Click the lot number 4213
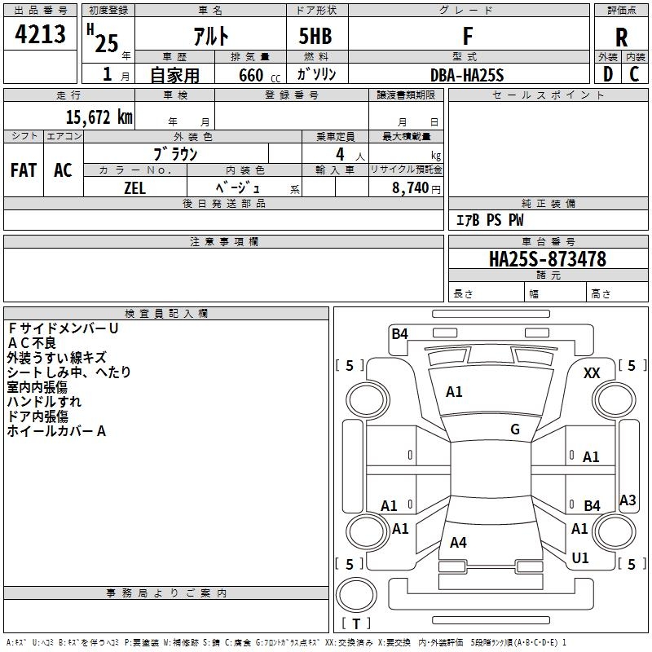click(x=40, y=33)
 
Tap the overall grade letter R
click(x=621, y=37)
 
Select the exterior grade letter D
click(x=608, y=74)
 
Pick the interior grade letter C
click(x=634, y=74)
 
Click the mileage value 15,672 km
click(x=99, y=117)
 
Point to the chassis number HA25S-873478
click(x=548, y=259)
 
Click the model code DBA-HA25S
click(x=467, y=75)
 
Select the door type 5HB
click(x=315, y=36)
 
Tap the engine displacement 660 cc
click(x=259, y=76)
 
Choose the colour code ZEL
click(x=134, y=188)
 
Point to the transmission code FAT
click(x=24, y=170)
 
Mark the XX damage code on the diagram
click(x=592, y=373)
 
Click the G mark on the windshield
click(x=515, y=430)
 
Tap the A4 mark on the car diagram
click(x=458, y=542)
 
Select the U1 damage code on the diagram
click(x=580, y=557)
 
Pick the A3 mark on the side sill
click(x=628, y=500)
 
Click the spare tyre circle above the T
click(x=356, y=595)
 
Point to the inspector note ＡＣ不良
click(x=32, y=343)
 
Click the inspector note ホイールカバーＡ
click(x=56, y=431)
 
